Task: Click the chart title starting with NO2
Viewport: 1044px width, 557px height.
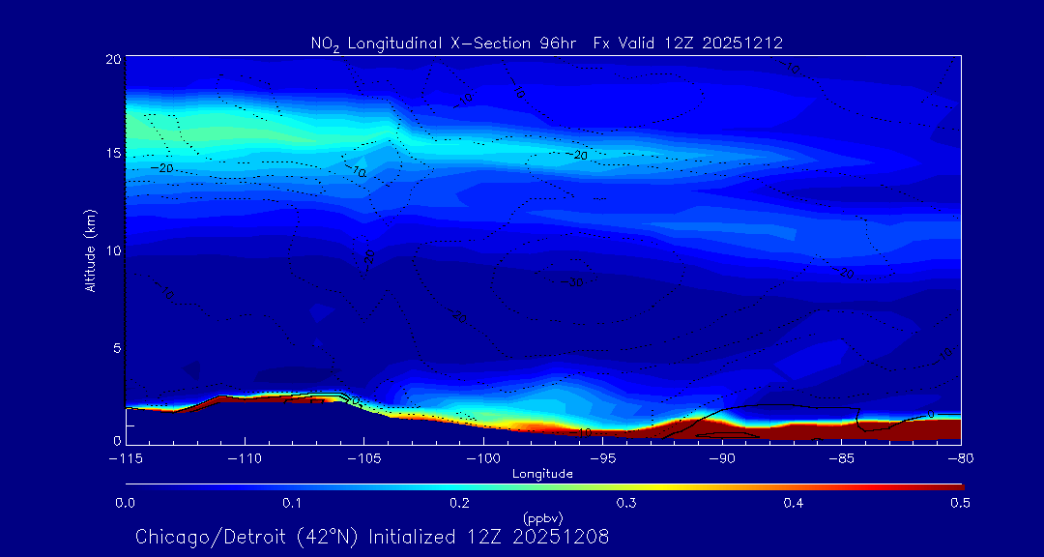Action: coord(546,43)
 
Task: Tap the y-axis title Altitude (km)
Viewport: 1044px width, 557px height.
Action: coord(90,250)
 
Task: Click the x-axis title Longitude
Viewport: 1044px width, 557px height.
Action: coord(542,474)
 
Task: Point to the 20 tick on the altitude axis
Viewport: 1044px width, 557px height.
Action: coord(112,59)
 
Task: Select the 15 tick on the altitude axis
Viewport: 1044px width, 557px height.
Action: coord(112,154)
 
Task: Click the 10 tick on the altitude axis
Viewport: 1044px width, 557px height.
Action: coord(112,250)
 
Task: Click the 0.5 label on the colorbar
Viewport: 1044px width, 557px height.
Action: coord(960,503)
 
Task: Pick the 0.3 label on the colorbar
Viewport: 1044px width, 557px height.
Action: coord(626,503)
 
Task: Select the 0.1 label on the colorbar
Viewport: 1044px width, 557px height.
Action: coord(292,503)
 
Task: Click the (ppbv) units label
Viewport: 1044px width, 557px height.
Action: coord(542,517)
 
